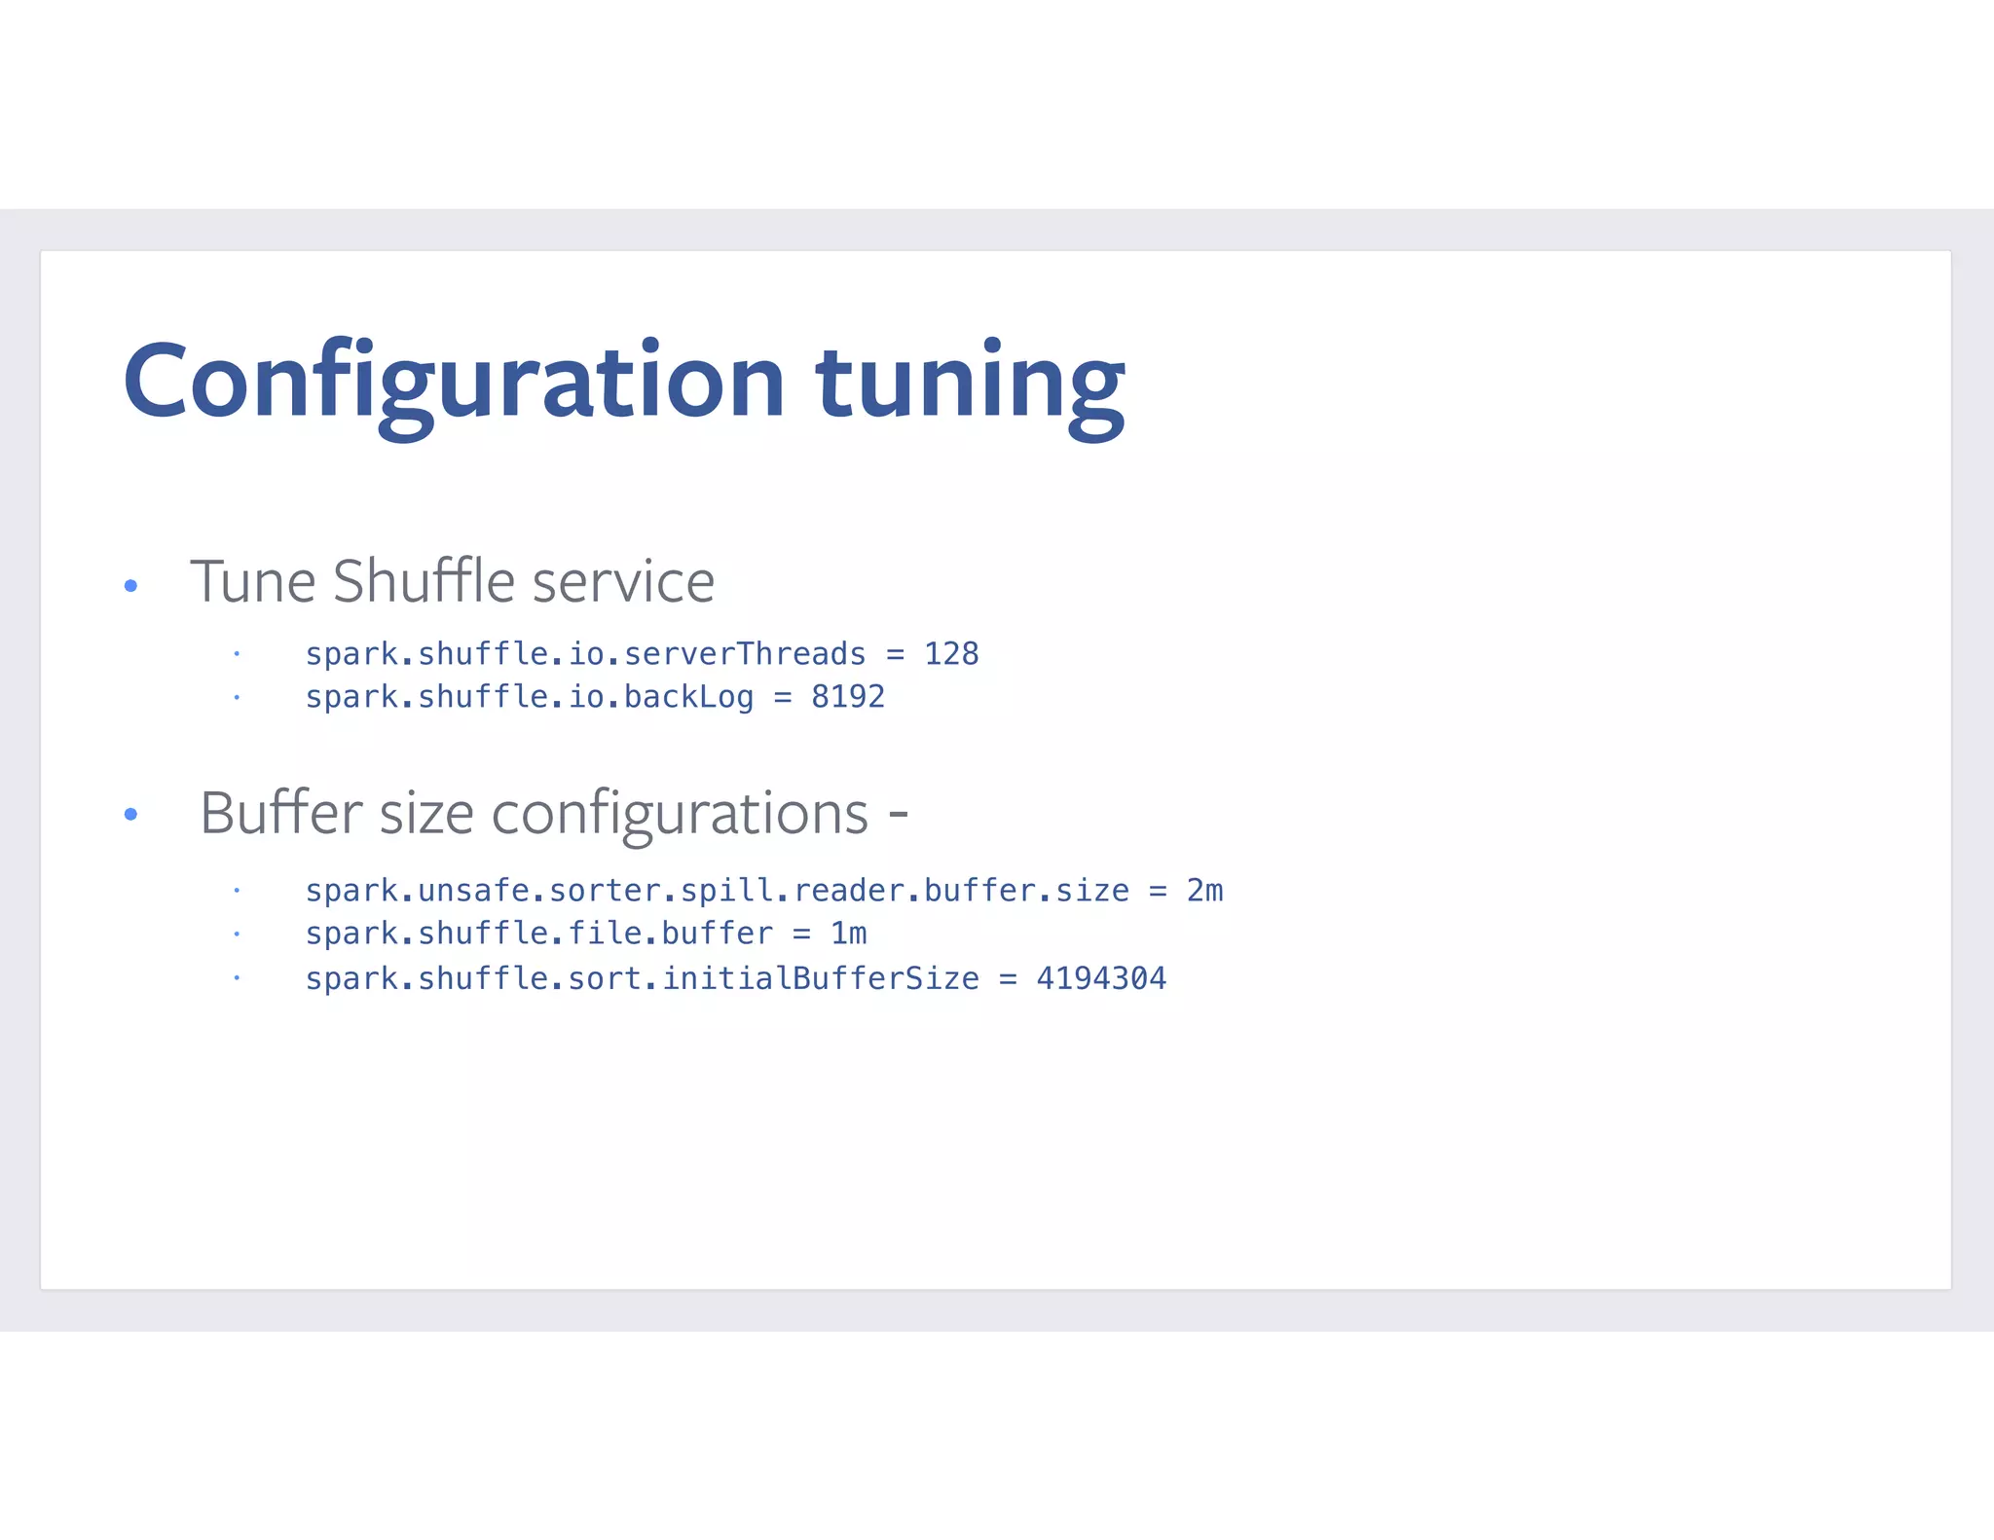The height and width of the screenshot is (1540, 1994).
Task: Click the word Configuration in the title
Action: coord(454,382)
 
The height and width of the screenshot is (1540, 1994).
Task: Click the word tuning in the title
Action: coord(970,385)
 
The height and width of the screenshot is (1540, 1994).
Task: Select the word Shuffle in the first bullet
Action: coord(424,581)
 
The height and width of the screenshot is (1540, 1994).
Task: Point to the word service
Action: coord(623,583)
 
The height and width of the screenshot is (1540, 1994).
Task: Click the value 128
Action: coord(950,653)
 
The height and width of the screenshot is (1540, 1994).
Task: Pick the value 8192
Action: coord(847,697)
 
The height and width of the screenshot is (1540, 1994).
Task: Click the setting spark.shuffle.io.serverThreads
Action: coord(585,654)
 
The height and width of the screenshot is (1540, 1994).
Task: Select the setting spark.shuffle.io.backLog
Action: coord(530,697)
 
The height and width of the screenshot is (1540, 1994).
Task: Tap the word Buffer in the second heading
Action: coord(281,813)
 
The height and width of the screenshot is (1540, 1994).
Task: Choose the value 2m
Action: coord(1204,891)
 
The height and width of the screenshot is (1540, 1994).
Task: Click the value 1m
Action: coord(848,934)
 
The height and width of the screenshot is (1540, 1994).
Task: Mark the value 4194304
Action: coord(1101,978)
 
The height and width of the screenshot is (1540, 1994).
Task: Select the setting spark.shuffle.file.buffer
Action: coord(538,934)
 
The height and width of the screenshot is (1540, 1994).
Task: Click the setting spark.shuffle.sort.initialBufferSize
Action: coord(642,978)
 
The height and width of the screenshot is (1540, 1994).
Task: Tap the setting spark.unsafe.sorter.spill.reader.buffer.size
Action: coord(717,891)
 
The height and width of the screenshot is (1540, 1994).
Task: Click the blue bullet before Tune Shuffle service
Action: coord(131,586)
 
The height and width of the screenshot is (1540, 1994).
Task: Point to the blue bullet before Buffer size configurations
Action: coord(131,814)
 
